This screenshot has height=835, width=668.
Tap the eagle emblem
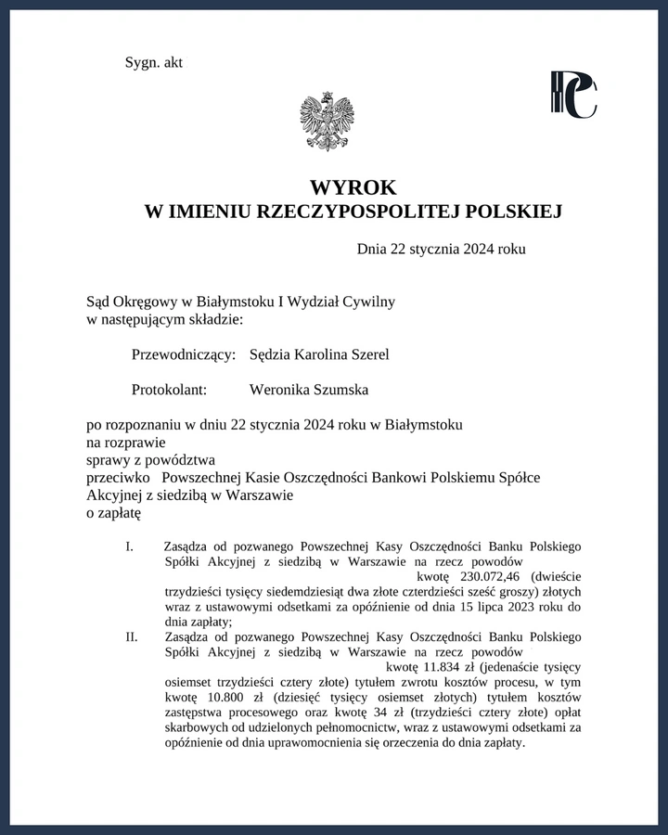pos(327,121)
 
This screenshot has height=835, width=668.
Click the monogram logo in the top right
pos(572,95)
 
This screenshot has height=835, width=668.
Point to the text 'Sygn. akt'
pos(154,62)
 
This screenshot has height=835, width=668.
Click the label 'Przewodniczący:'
pos(185,354)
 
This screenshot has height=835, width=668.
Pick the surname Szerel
pos(367,354)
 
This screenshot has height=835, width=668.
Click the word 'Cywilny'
pos(369,302)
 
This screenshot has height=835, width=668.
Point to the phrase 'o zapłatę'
pos(112,511)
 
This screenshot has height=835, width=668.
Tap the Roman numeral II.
pos(132,637)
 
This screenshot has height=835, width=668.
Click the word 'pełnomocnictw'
pos(335,727)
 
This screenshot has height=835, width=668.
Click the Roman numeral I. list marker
pos(130,546)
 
